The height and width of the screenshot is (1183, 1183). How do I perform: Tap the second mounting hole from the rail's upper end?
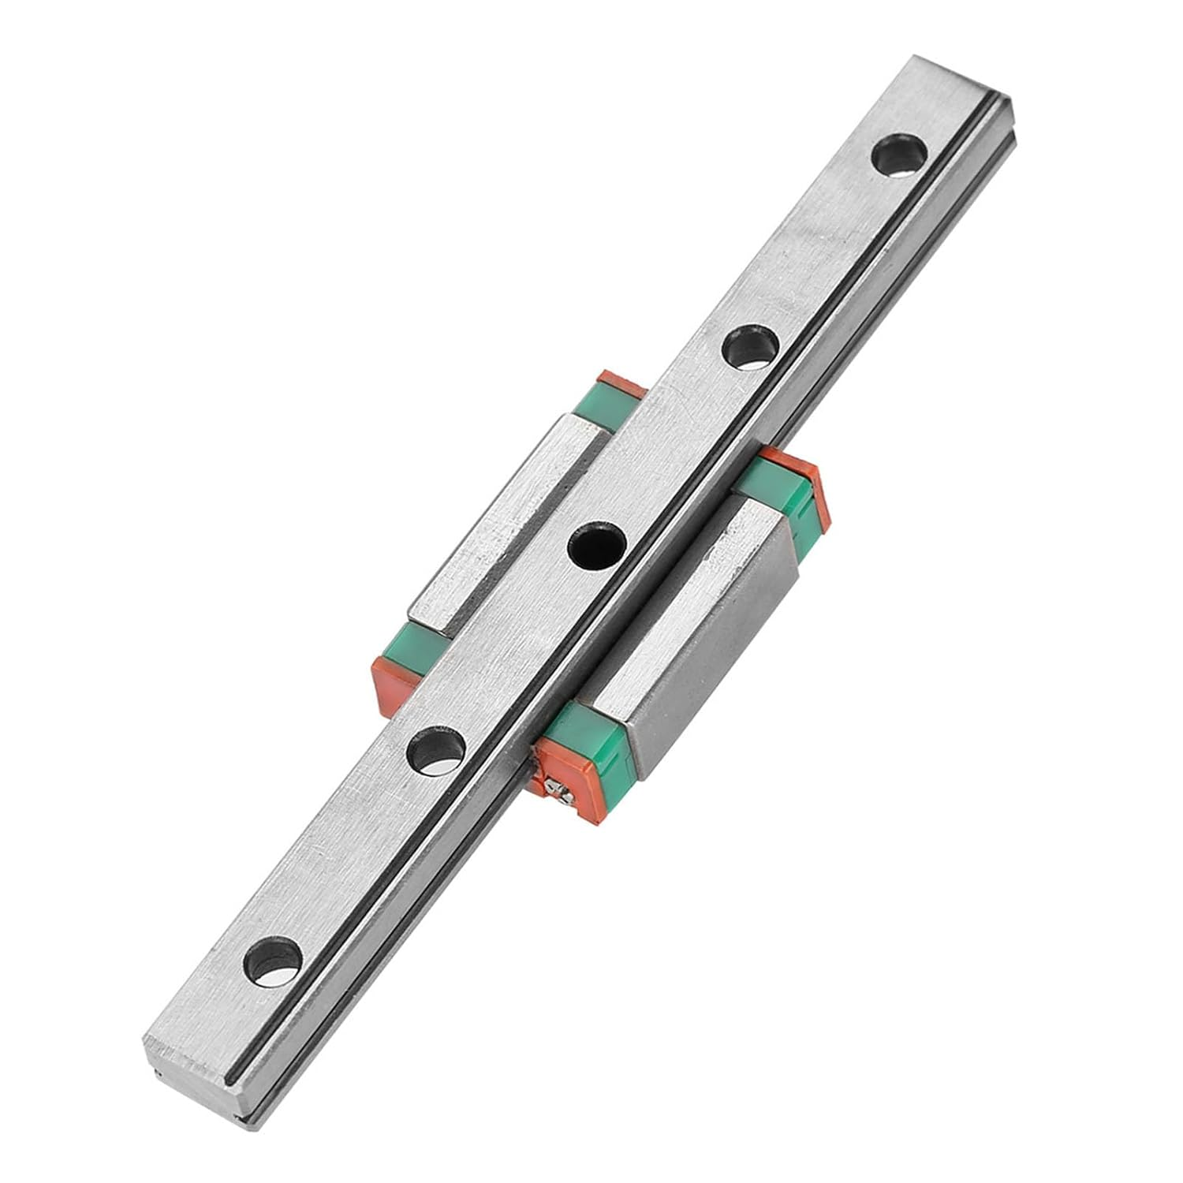750,345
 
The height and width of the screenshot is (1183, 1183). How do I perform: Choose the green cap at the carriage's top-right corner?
777,485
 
